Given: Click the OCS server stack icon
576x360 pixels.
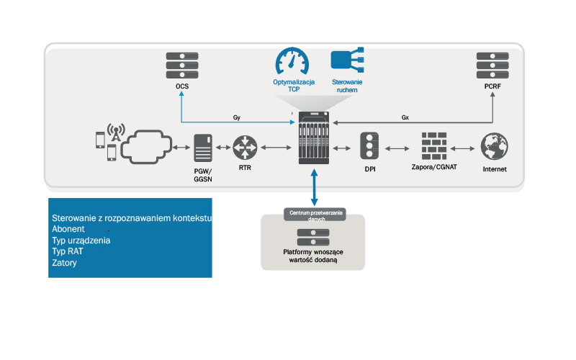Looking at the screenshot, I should click(181, 66).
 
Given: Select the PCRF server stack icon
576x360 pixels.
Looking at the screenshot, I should click(492, 66).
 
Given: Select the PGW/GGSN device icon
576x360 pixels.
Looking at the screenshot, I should click(202, 148).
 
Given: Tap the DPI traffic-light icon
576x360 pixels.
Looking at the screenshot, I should click(369, 147).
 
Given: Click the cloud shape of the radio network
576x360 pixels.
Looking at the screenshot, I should click(148, 147).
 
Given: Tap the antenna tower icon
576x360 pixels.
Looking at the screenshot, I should click(115, 132).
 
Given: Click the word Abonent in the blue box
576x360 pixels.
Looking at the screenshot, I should click(68, 229).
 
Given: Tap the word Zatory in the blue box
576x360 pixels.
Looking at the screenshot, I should click(64, 263).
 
